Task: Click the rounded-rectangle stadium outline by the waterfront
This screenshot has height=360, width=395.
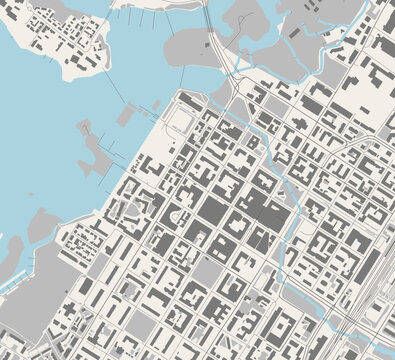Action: point(180,121)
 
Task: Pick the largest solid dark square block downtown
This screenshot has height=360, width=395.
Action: point(212,211)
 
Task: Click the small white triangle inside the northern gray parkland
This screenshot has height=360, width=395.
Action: point(294,31)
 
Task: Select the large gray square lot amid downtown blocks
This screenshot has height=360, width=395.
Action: point(205,271)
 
